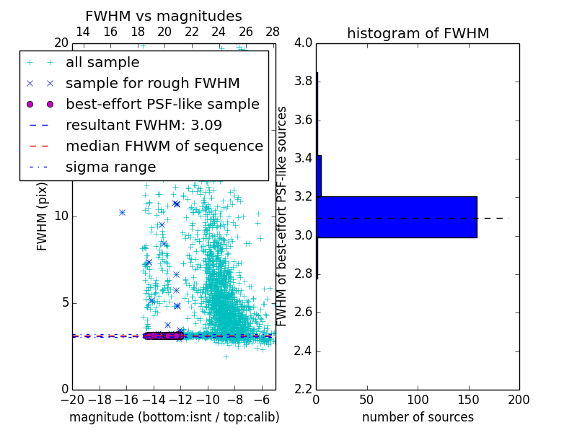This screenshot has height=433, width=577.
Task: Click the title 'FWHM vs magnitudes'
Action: [x=164, y=17]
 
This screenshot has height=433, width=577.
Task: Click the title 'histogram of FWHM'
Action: [x=418, y=33]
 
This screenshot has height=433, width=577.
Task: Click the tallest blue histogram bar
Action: [x=397, y=216]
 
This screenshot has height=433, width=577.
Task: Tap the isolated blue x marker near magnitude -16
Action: [x=123, y=212]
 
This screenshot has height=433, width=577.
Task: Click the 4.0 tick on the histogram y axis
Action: [x=304, y=43]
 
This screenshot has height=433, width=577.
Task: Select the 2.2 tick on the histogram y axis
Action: [x=304, y=390]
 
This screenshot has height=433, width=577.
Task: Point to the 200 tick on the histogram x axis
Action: [x=519, y=400]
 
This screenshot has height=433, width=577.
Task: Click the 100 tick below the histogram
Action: [x=418, y=400]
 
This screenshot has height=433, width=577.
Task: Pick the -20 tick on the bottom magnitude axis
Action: [x=72, y=400]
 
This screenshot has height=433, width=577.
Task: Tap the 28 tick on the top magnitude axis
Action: [x=273, y=32]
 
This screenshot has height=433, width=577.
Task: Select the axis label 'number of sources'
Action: [x=418, y=417]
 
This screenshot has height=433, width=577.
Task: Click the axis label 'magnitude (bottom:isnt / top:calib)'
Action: [x=174, y=417]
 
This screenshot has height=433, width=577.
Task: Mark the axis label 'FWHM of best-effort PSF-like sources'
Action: [x=283, y=216]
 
